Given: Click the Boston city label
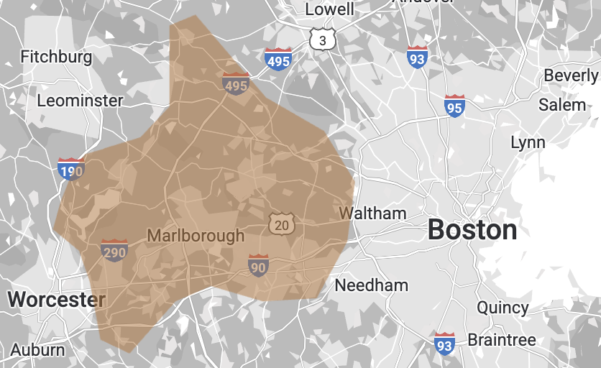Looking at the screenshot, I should (x=472, y=230).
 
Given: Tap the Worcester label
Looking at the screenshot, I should (x=56, y=299).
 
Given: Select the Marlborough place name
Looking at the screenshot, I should (x=196, y=236).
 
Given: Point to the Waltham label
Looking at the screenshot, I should (x=372, y=213).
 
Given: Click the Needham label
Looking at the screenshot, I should (x=372, y=285).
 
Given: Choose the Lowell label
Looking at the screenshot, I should (x=330, y=9).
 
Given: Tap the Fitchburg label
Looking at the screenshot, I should (x=56, y=56).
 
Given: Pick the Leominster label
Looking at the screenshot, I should (x=80, y=100).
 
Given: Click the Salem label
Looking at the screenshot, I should (x=562, y=104).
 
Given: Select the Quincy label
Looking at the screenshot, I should (x=503, y=308).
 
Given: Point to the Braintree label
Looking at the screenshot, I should (x=502, y=340).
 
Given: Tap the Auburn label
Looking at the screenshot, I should (x=37, y=351).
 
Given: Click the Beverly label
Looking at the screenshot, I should (x=572, y=75).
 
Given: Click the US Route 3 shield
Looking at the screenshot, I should (x=323, y=40).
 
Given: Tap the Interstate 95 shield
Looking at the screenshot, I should (x=454, y=106).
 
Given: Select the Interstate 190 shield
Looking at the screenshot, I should (x=71, y=170).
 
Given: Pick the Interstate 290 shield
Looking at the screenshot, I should (x=114, y=251).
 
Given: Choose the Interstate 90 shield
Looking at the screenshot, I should (x=258, y=266).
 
